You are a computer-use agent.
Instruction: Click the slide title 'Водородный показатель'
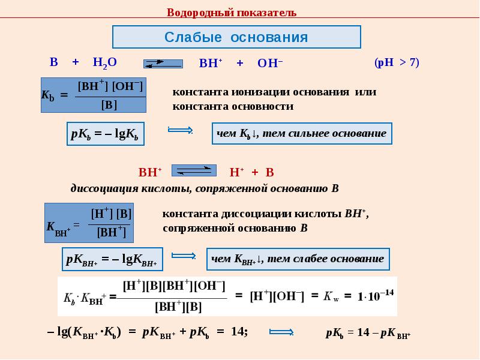point(231,13)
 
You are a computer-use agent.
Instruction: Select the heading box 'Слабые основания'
point(236,37)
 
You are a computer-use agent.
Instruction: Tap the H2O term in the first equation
point(104,62)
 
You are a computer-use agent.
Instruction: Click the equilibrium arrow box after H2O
point(162,63)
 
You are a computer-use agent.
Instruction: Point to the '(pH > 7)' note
point(397,62)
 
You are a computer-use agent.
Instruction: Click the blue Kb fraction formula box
point(94,95)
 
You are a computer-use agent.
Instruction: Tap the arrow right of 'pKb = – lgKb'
point(179,130)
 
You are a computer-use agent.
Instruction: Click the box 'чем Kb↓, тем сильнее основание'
point(301,133)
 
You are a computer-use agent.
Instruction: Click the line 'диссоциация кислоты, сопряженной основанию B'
point(205,188)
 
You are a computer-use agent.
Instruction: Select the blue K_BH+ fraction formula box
point(89,223)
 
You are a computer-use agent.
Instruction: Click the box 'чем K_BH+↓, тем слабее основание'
point(298,259)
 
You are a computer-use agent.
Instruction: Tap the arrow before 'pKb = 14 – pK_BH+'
point(281,332)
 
